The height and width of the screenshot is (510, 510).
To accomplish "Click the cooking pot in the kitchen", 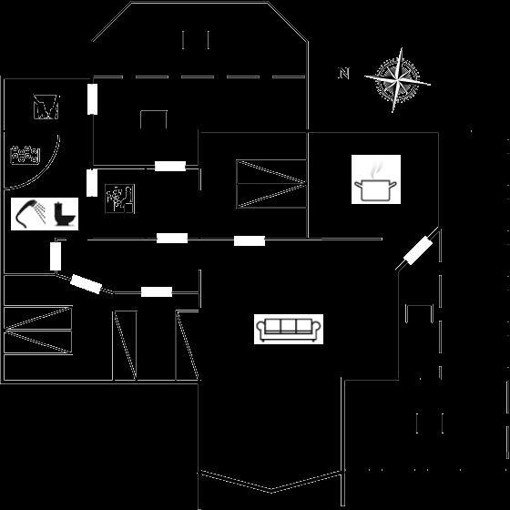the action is point(375,190).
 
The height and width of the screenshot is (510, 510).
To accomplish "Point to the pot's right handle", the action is point(393,185).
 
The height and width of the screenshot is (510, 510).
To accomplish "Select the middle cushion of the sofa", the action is point(288,325).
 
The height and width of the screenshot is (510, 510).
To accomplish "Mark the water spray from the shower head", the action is point(41,212).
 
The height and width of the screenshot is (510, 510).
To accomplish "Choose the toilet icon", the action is point(64,214).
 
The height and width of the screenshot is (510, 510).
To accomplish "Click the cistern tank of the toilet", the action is point(58,209).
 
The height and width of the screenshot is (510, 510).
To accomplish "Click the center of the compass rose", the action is point(397,79).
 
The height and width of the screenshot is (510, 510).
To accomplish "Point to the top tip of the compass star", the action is point(402,48).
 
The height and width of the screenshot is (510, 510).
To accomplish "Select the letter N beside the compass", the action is point(344,73).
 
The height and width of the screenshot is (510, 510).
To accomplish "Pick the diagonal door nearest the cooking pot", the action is point(418,250).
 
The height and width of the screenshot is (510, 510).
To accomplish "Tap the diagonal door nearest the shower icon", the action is point(87,284).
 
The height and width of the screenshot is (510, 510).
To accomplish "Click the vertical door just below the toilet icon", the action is point(56,256).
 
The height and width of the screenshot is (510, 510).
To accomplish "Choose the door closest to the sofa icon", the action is point(250,241).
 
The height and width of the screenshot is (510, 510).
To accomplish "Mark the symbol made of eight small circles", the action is point(25,154).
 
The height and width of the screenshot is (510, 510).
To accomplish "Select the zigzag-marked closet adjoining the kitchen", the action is point(271,184).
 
